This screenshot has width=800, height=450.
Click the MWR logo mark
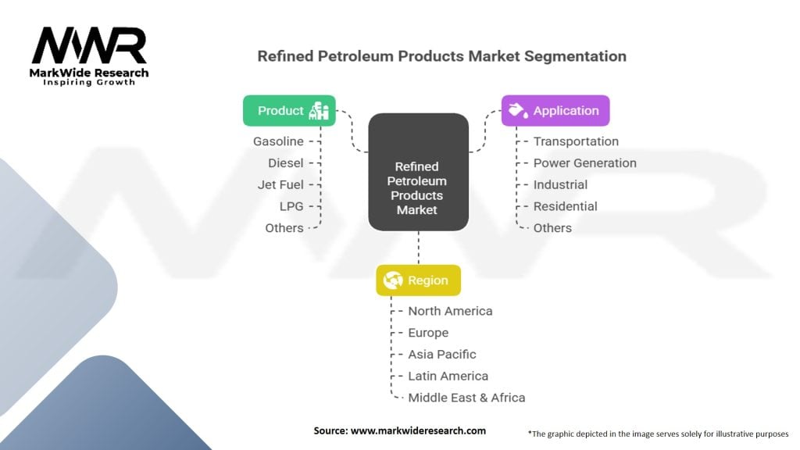coord(89,45)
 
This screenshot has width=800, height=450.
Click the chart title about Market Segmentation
coord(442,56)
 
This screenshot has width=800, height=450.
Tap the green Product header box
coord(289,111)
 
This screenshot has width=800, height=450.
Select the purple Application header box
coord(555,111)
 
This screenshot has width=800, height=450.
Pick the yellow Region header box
coord(419,280)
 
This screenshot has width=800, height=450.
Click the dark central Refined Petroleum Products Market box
coord(419,172)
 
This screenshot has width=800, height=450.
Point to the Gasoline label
coord(278,141)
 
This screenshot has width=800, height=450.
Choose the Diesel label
coord(286,162)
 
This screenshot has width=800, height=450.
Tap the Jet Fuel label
coord(280,184)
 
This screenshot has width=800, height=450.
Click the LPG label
coord(291,206)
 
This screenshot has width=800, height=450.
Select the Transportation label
coord(576,141)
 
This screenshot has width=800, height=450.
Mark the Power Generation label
coord(584,162)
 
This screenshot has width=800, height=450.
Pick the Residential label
coord(566,206)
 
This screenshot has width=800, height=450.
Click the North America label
coord(450,311)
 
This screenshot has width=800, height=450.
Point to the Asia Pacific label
coord(442,354)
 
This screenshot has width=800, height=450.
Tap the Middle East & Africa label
coord(466,398)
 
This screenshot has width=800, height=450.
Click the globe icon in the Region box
coord(393,280)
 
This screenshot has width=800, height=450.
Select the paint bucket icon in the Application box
coord(519,110)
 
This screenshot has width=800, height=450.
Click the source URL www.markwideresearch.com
coord(419,430)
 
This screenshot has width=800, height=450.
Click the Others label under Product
coord(284,228)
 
